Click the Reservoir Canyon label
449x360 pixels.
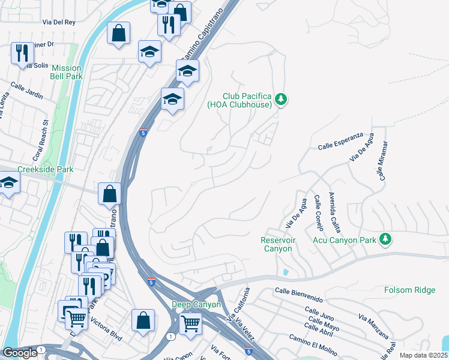(276, 244)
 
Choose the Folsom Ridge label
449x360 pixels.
(409, 290)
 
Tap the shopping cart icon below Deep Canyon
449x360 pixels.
(191, 325)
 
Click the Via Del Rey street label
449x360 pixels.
(59, 22)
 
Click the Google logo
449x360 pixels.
(20, 353)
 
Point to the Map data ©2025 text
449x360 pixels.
(423, 355)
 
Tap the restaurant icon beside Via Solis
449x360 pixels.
(22, 53)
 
